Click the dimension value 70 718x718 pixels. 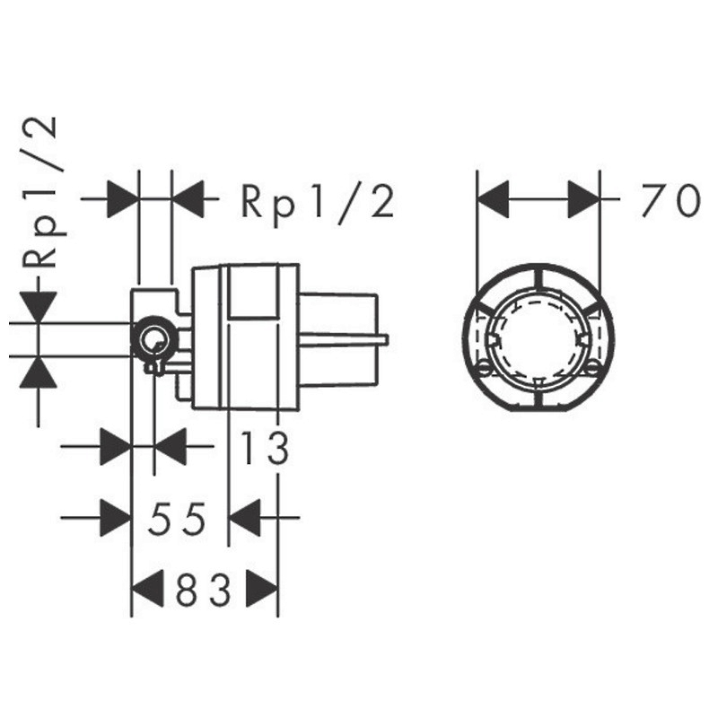click(x=670, y=200)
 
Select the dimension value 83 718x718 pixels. click(x=204, y=590)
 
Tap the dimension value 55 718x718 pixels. click(x=177, y=519)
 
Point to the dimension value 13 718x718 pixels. click(x=265, y=447)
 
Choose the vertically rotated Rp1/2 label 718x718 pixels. click(x=42, y=192)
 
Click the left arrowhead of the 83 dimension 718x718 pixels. click(x=147, y=589)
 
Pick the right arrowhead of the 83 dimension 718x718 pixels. click(x=262, y=589)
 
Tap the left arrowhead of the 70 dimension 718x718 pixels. click(x=493, y=199)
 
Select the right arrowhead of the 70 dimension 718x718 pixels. click(x=584, y=199)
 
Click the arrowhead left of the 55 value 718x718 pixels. click(x=116, y=518)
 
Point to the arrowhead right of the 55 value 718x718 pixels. click(x=244, y=518)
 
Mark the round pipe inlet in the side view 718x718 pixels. click(x=154, y=339)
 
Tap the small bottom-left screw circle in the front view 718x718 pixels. click(x=485, y=367)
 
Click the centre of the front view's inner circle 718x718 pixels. click(x=538, y=339)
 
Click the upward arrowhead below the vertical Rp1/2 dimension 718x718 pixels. click(x=38, y=372)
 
